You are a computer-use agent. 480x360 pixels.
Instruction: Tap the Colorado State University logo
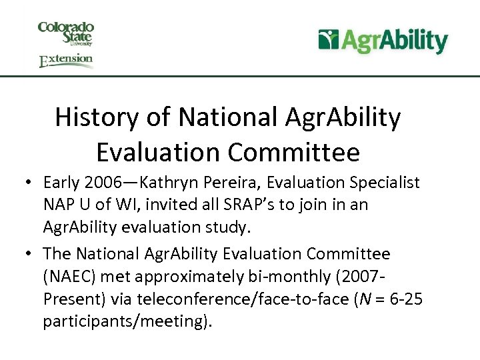coord(66,33)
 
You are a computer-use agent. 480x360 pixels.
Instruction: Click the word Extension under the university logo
coord(66,61)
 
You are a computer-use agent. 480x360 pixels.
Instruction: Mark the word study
coord(227,227)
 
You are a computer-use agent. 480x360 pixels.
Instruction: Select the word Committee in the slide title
coord(294,152)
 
